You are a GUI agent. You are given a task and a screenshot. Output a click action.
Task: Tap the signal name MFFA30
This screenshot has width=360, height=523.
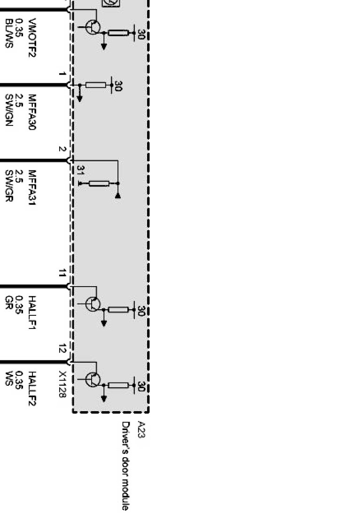pos(32,112)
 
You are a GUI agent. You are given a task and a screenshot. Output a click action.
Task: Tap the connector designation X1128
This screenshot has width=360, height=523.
pos(62,384)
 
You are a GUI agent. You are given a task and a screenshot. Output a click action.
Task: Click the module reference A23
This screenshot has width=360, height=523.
pos(140,429)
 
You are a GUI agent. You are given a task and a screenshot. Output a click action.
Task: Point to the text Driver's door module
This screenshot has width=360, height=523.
pos(125,465)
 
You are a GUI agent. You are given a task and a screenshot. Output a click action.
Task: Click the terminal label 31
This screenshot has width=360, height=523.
pos(80,170)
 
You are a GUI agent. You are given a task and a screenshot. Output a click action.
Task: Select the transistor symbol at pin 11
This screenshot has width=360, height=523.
pos(93,304)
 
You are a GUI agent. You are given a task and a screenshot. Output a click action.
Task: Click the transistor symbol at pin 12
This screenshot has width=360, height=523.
pos(93,379)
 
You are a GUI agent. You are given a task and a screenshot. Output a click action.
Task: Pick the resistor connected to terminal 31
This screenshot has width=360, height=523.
pos(99,183)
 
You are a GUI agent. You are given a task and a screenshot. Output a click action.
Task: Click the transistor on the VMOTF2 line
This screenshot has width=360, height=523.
pos(93,27)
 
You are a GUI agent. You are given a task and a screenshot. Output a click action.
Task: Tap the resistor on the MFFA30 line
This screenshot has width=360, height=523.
pos(96,85)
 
